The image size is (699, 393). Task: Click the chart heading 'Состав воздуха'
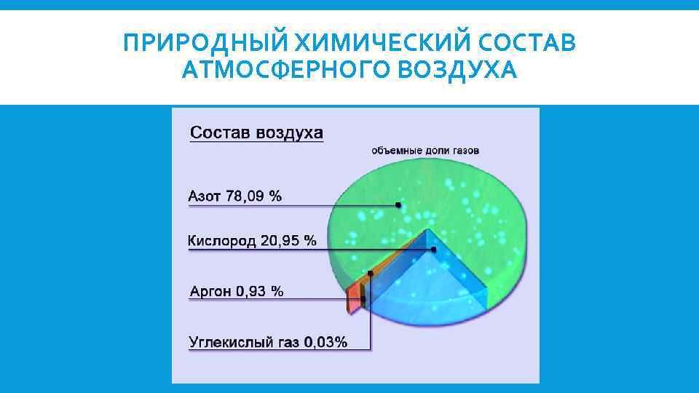coord(256,134)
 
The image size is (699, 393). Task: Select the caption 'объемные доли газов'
coord(425,151)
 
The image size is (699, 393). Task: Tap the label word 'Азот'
coord(206,196)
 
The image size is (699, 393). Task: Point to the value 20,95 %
coord(290,241)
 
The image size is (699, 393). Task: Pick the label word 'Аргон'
coord(211,291)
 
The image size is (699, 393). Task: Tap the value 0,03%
coord(325,342)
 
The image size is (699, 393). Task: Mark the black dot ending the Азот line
coord(398,205)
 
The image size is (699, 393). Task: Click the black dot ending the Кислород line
coord(434,250)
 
